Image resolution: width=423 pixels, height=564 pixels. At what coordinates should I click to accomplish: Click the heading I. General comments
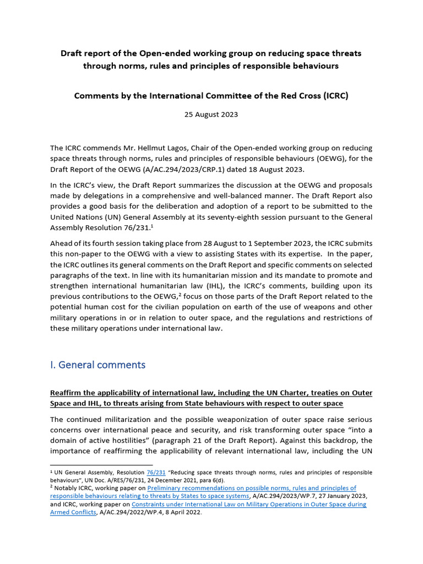coord(98,365)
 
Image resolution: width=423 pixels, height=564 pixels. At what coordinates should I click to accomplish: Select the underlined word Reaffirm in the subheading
coord(66,393)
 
